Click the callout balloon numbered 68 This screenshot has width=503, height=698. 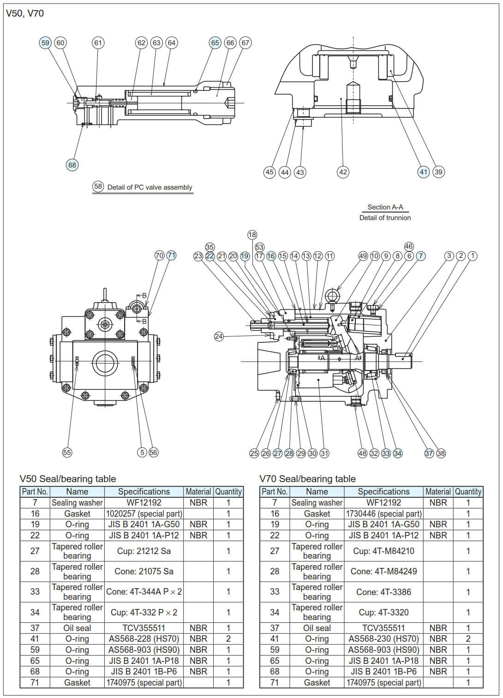click(x=72, y=165)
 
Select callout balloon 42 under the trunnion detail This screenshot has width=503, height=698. click(x=343, y=172)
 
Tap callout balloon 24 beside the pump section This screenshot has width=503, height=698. click(x=219, y=336)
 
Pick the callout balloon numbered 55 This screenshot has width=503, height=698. click(x=67, y=453)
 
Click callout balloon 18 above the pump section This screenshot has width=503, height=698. click(x=252, y=235)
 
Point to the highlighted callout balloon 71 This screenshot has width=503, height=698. click(x=171, y=255)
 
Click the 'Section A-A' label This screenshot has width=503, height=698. click(x=385, y=207)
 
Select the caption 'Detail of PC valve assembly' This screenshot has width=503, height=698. click(x=150, y=187)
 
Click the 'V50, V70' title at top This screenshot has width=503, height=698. click(x=25, y=13)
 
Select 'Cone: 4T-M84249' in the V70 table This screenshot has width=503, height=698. click(x=383, y=571)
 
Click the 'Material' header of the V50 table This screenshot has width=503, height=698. click(x=198, y=492)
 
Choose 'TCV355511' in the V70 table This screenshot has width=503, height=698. click(x=383, y=628)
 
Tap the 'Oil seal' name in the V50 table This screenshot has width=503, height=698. click(x=77, y=628)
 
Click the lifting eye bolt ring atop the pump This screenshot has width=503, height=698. click(x=332, y=295)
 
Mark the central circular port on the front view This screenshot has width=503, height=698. click(x=105, y=363)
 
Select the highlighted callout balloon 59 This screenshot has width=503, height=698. click(x=45, y=43)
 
